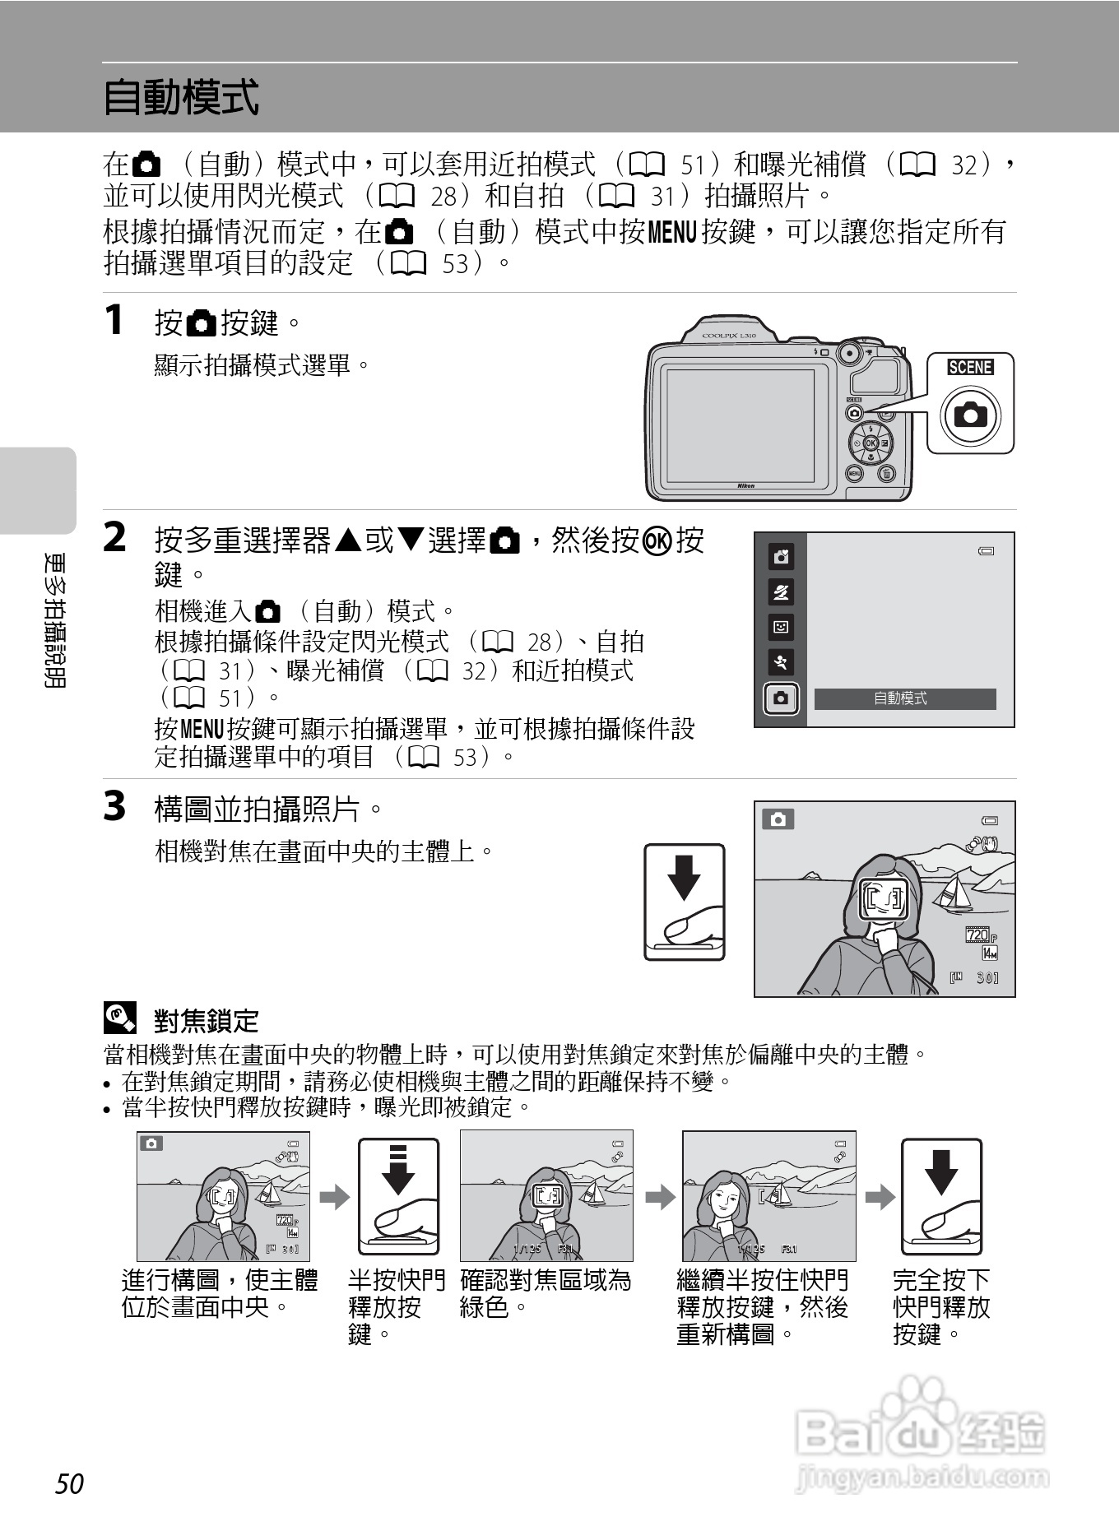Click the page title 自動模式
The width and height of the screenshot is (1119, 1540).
pyautogui.click(x=181, y=97)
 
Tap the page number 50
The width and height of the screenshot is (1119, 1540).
pyautogui.click(x=70, y=1483)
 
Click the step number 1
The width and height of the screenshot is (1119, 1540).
pyautogui.click(x=114, y=320)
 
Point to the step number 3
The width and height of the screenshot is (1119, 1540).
pyautogui.click(x=114, y=806)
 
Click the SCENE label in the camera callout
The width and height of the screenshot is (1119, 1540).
pyautogui.click(x=970, y=367)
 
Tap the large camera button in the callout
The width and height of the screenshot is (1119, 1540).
pyautogui.click(x=970, y=415)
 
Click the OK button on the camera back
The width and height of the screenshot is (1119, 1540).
pyautogui.click(x=870, y=443)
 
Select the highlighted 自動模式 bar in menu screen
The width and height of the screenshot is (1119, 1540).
pyautogui.click(x=904, y=698)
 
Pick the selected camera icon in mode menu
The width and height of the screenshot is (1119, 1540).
pyautogui.click(x=781, y=698)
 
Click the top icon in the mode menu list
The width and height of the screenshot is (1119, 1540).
pyautogui.click(x=781, y=557)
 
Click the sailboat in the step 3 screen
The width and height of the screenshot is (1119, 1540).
pyautogui.click(x=954, y=893)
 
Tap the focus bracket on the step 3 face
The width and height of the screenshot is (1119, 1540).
pyautogui.click(x=884, y=899)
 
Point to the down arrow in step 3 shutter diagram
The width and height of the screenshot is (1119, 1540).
pyautogui.click(x=684, y=877)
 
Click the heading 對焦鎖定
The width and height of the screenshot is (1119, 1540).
pyautogui.click(x=207, y=1021)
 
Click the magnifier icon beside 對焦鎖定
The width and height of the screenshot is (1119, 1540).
pyautogui.click(x=119, y=1018)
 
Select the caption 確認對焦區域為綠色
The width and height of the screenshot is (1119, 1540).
pyautogui.click(x=545, y=1293)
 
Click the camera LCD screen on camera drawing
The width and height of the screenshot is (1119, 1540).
pyautogui.click(x=740, y=425)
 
